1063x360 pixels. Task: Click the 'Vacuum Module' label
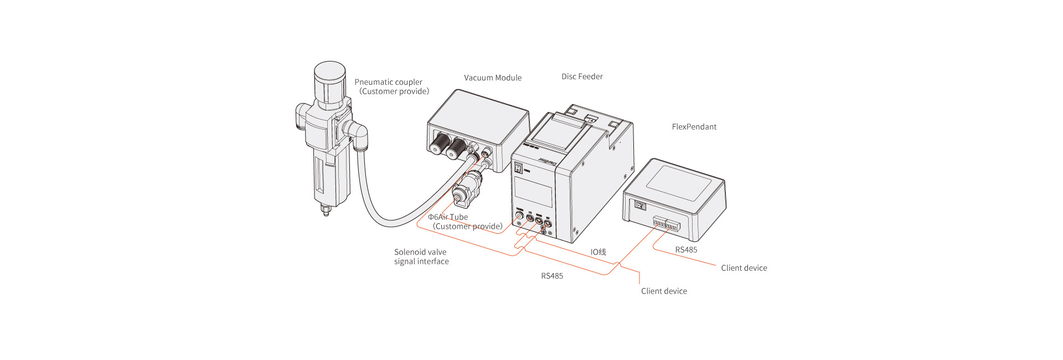[x=493, y=78]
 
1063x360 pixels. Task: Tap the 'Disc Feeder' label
[x=582, y=77]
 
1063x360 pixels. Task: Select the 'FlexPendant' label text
[x=694, y=127]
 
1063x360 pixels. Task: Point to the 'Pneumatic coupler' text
[x=388, y=82]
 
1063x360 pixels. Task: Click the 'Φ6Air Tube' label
[x=448, y=217]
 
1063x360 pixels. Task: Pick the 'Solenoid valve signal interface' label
[x=421, y=256]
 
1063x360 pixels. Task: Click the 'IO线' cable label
[x=598, y=252]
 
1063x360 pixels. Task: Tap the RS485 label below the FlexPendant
[x=686, y=250]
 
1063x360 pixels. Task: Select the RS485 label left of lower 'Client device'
[x=552, y=276]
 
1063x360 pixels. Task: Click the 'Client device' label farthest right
[x=744, y=268]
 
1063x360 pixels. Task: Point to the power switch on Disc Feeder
[x=519, y=168]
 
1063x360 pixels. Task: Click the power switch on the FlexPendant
[x=640, y=206]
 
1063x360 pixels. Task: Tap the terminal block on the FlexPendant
[x=666, y=225]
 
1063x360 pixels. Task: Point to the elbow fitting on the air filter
[x=356, y=133]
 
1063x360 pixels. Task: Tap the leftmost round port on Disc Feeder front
[x=519, y=215]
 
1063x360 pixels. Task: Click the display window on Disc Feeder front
[x=533, y=192]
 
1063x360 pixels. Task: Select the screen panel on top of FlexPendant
[x=679, y=183]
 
